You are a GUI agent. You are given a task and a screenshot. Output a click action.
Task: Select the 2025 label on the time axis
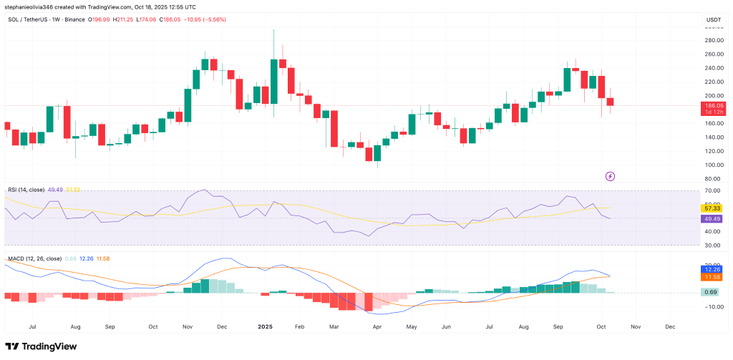pos(265,326)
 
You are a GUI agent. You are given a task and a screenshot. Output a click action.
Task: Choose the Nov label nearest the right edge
pos(634,326)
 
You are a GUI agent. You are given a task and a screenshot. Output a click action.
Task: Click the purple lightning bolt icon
pos(610,175)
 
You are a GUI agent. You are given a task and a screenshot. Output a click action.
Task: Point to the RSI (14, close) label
pos(26,190)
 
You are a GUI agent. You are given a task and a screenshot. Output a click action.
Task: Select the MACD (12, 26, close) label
pos(34,258)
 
